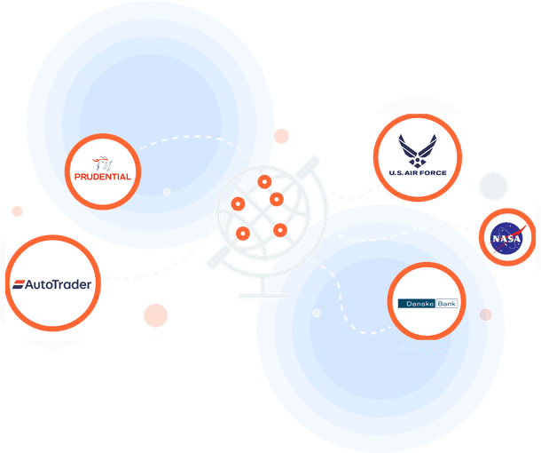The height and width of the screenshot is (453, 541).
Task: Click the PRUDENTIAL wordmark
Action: (x=104, y=176)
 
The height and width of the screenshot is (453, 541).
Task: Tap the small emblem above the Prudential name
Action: (x=105, y=163)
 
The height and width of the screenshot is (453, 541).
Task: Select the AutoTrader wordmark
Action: (x=59, y=286)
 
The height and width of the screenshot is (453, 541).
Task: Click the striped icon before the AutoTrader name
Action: (x=20, y=286)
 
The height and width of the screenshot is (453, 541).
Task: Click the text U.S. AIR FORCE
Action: (x=417, y=173)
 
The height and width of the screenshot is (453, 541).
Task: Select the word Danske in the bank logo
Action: (x=412, y=304)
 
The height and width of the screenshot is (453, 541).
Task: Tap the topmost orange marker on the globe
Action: (x=263, y=182)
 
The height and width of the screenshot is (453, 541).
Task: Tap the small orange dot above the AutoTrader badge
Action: (x=17, y=211)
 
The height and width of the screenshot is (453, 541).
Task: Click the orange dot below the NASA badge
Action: (x=485, y=314)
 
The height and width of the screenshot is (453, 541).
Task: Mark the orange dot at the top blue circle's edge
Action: (x=281, y=136)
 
